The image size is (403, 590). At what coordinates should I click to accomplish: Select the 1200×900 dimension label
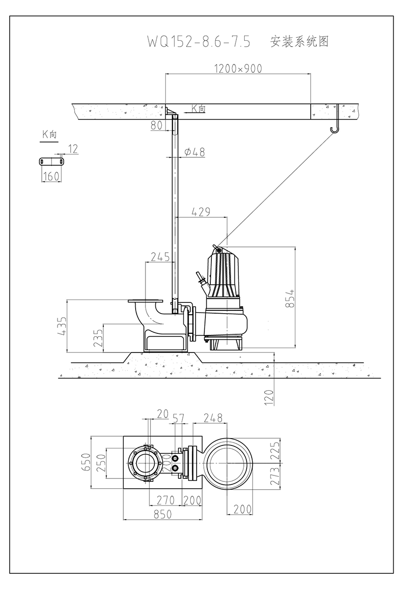[238, 69]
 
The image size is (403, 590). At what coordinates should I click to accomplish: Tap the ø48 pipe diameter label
[195, 152]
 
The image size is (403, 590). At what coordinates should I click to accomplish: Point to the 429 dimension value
[201, 212]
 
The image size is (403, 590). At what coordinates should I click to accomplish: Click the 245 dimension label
[160, 257]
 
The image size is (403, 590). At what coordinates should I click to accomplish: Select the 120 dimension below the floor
[269, 397]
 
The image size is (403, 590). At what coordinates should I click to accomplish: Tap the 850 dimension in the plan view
[162, 514]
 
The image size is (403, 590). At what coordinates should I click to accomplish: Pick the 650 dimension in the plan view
[86, 463]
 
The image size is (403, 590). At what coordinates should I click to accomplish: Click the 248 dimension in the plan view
[213, 418]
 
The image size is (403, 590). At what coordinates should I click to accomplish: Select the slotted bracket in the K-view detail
[52, 161]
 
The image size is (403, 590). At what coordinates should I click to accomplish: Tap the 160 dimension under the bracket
[51, 177]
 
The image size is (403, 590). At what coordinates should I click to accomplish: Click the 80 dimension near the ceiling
[156, 125]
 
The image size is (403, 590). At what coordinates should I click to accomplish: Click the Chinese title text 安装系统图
[299, 42]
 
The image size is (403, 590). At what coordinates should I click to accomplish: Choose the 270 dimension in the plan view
[166, 501]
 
